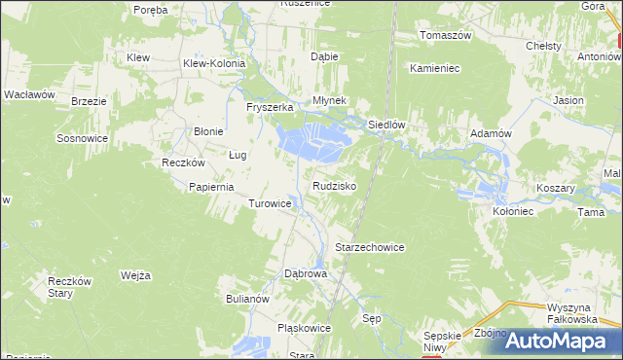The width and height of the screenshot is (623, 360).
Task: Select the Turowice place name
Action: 270,204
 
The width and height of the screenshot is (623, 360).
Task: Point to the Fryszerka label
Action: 270,107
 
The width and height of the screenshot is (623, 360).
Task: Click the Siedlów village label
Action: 385,126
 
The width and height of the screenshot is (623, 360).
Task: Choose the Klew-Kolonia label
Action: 214,63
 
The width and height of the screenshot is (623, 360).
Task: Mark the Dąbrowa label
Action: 305,274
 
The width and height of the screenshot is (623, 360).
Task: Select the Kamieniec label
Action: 434,69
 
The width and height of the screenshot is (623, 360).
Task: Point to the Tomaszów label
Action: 445,35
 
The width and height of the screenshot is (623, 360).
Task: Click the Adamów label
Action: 491,132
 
